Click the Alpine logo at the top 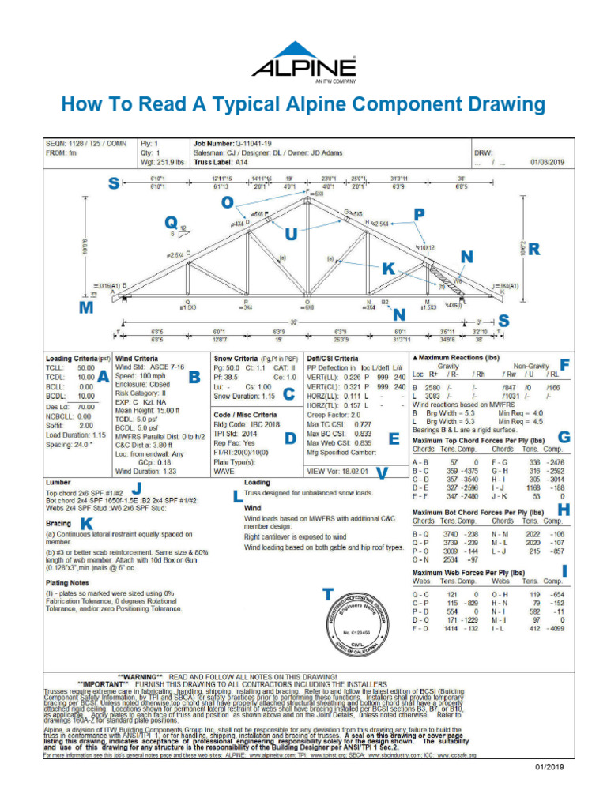303,61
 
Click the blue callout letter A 103,378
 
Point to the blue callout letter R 534,250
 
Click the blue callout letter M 86,309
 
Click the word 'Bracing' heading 58,523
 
